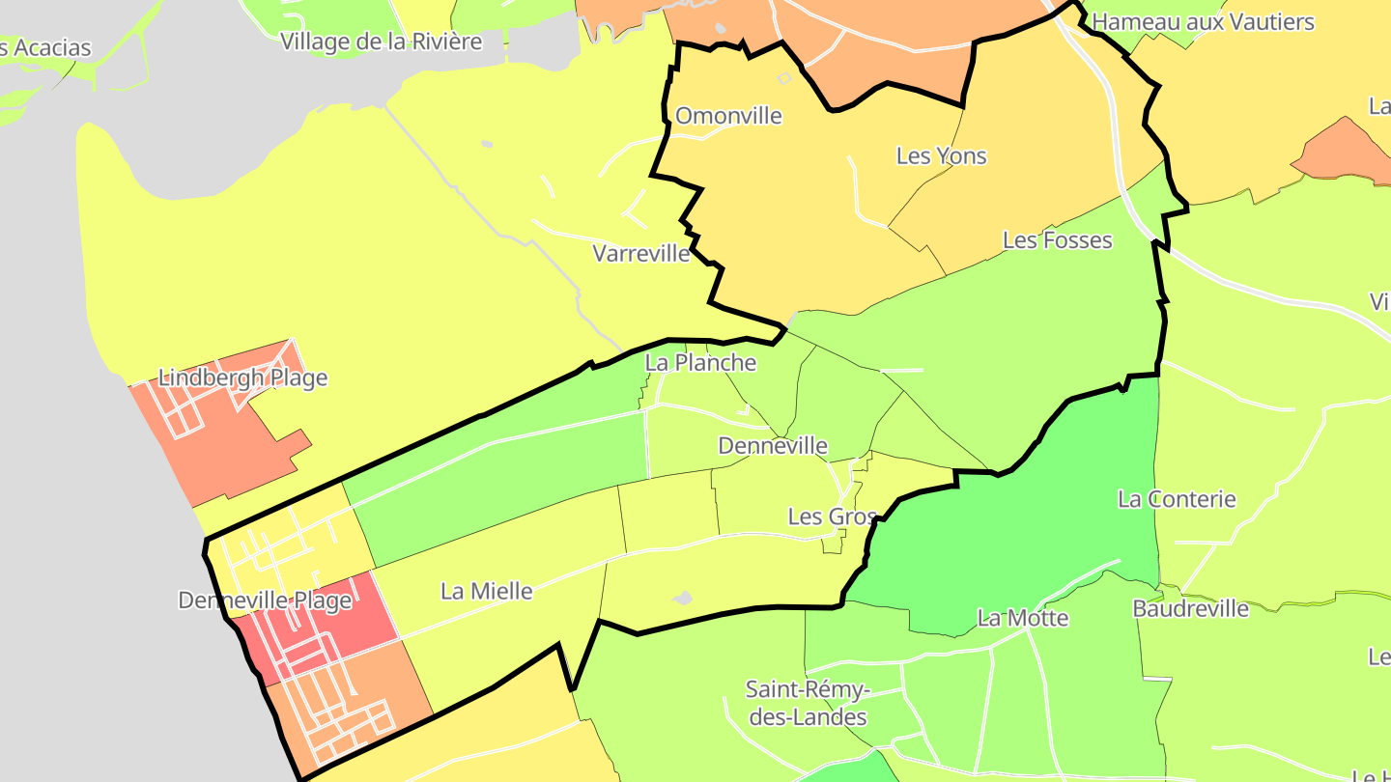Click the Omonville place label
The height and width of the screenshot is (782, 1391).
728,116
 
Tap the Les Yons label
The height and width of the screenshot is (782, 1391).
941,155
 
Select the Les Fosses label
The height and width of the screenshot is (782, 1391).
1057,239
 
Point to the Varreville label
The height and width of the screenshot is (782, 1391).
641,254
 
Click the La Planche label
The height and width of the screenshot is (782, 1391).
700,363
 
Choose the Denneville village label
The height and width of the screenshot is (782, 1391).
773,446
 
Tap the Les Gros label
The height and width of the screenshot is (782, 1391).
832,517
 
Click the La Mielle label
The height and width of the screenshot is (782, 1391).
486,591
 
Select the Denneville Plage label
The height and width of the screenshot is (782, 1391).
265,600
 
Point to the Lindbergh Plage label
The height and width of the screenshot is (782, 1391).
242,377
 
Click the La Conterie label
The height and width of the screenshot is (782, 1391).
1177,499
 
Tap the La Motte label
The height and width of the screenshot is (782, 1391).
1023,618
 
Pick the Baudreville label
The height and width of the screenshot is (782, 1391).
1190,609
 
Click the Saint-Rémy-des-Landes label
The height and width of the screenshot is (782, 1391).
807,704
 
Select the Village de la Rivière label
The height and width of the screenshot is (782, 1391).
381,41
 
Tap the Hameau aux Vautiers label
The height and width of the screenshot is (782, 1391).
1203,21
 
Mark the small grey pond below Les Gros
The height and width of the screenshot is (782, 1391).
683,599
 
